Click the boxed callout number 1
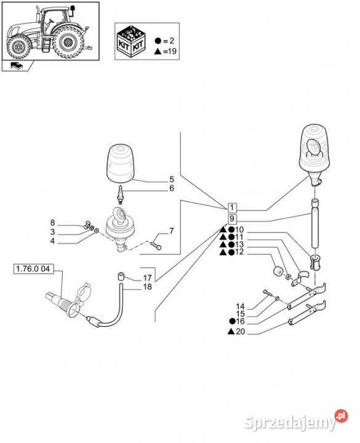coord(232,208)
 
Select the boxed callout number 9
coord(232,219)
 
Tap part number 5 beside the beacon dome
coord(172,179)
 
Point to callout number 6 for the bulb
coord(172,188)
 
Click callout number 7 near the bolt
coord(172,231)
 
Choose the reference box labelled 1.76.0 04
coord(33,269)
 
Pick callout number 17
coord(148,277)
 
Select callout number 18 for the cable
coord(148,287)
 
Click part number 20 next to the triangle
coord(240,332)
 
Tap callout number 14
coord(240,306)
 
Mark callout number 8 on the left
coord(52,223)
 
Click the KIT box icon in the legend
coord(131,41)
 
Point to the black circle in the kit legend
coord(158,41)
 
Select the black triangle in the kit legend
coord(158,51)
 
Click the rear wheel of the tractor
coord(68,42)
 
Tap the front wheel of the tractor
coord(18,47)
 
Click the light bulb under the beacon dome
coord(121,194)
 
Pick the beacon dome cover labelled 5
coord(120,162)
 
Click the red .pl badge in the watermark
coord(342,416)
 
